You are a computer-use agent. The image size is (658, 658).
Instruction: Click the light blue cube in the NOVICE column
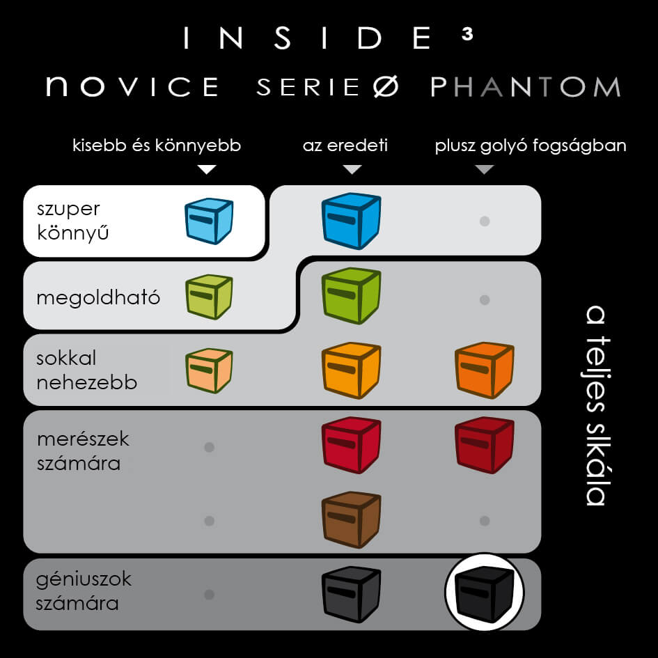click(x=208, y=221)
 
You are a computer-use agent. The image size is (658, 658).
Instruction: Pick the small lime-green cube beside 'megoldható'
click(x=208, y=297)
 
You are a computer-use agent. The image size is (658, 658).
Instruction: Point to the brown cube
click(x=351, y=519)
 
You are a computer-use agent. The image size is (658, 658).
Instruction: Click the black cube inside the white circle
click(x=485, y=593)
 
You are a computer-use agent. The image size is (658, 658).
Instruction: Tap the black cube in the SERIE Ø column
click(x=351, y=593)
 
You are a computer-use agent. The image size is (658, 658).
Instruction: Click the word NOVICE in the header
click(x=132, y=86)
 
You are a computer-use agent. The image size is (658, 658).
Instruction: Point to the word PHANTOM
click(x=525, y=86)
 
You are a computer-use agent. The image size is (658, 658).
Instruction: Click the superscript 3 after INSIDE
click(x=467, y=36)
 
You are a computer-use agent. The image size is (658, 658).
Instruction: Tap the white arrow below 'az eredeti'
click(x=352, y=169)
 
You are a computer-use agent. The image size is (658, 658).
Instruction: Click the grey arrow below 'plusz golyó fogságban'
click(x=485, y=169)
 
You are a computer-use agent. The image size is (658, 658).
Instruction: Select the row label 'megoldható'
click(x=98, y=298)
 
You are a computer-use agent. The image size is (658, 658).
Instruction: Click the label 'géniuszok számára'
click(x=84, y=591)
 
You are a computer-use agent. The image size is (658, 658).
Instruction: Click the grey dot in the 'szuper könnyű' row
click(x=485, y=221)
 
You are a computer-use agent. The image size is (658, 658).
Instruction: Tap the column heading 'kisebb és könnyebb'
click(x=157, y=146)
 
